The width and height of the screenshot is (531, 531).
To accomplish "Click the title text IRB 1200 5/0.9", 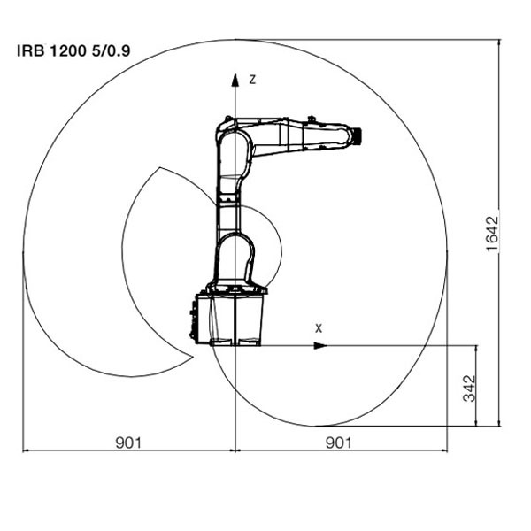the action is click(73, 51).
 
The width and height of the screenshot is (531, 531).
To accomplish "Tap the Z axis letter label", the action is click(252, 80).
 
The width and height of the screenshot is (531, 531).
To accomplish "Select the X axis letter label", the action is click(319, 328).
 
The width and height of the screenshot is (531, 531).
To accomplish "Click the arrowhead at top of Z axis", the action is click(235, 80).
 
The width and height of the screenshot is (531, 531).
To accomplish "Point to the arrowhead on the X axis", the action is click(320, 346).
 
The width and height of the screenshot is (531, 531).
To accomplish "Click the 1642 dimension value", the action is click(492, 234).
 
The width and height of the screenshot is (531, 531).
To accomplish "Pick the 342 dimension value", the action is click(469, 389).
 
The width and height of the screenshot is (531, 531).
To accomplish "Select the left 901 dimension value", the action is click(128, 442).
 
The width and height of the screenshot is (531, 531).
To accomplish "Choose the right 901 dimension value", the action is click(338, 442).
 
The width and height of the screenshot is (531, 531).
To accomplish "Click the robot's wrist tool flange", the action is click(357, 136).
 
